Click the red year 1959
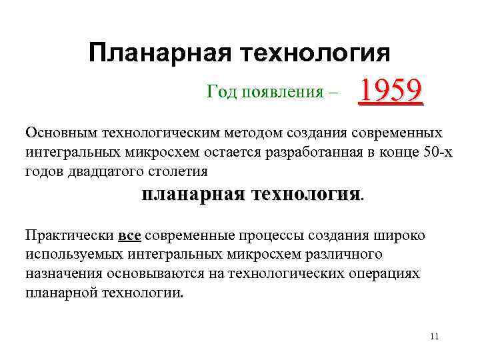391,93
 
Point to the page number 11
434,336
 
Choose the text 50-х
438,151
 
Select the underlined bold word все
128,236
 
